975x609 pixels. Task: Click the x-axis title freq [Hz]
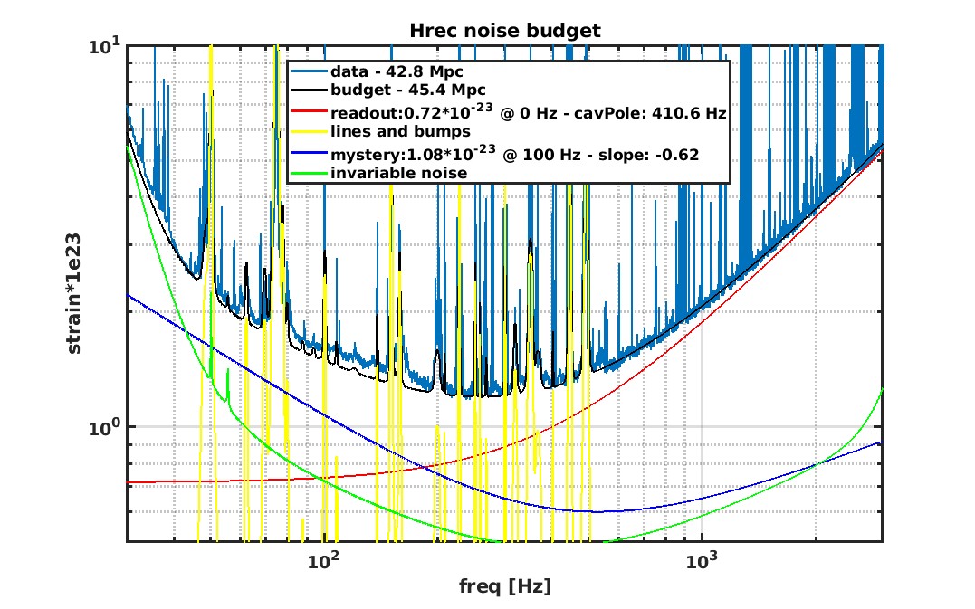coord(505,586)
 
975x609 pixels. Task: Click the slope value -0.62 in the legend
coord(674,153)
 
